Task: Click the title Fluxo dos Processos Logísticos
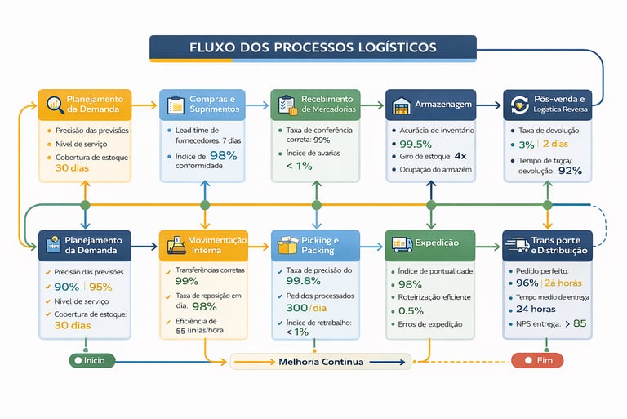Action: [x=313, y=47]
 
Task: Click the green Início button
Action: [x=93, y=360]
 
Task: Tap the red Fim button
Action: [x=540, y=360]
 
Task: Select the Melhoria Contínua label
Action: [x=321, y=361]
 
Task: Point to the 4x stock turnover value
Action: [x=460, y=155]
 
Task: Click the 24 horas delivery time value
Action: [x=536, y=310]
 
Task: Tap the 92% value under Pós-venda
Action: [x=568, y=171]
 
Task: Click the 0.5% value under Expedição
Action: [x=411, y=310]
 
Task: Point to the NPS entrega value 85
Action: [x=580, y=323]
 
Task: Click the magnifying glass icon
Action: [x=56, y=105]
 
